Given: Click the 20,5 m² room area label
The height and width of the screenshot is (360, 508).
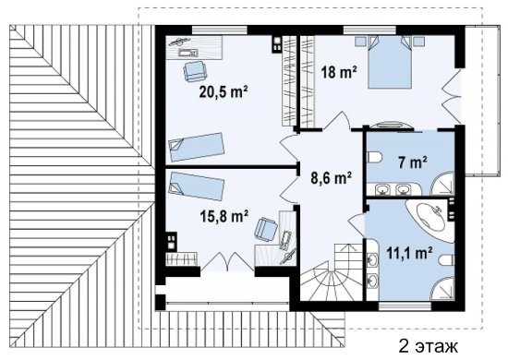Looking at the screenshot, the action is (x=224, y=92).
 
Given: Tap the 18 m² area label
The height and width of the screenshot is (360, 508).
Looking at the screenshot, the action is (x=339, y=72).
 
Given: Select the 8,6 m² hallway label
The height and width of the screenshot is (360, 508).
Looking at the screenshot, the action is (x=331, y=178).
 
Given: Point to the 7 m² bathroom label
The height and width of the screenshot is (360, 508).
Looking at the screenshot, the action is (x=412, y=162).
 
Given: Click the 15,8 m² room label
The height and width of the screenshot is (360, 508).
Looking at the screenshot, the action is (x=224, y=216).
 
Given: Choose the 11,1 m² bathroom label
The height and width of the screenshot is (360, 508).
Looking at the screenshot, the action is (x=409, y=253).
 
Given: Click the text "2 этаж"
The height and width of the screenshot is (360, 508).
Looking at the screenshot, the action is (x=429, y=346).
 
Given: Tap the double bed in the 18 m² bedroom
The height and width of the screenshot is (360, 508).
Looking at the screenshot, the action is (x=390, y=62).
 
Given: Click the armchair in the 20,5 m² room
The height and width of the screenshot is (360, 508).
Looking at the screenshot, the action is (x=195, y=72).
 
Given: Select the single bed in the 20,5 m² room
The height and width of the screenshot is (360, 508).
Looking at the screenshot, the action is (x=197, y=147).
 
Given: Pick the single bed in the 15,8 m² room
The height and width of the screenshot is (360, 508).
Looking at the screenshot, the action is (x=197, y=186).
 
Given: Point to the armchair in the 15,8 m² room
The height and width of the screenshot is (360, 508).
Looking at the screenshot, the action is (x=266, y=230).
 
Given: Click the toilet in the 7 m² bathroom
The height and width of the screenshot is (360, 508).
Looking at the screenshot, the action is (x=375, y=158).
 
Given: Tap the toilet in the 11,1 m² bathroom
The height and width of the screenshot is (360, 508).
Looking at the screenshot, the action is (x=446, y=260).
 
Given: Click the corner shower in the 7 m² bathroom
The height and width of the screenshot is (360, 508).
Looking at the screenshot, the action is (x=442, y=184).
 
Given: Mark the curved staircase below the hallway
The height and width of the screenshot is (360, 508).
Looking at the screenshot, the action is (x=331, y=272).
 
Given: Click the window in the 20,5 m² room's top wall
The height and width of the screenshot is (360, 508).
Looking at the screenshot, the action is (x=220, y=30).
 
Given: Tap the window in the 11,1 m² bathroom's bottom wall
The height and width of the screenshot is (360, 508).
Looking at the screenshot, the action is (x=405, y=306).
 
